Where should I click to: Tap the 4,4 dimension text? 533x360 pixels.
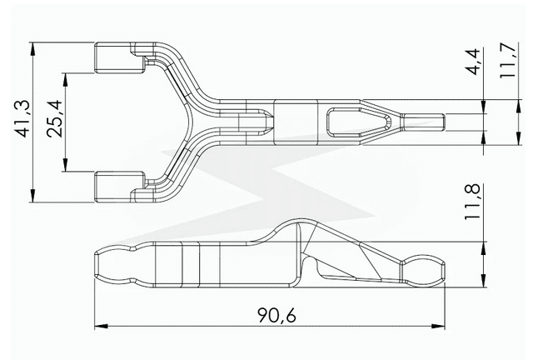[472, 62]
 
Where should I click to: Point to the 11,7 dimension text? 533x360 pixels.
[507, 62]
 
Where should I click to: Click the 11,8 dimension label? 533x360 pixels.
[473, 201]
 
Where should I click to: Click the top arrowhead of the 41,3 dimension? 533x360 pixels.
[32, 46]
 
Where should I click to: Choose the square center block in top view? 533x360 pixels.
[296, 122]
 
